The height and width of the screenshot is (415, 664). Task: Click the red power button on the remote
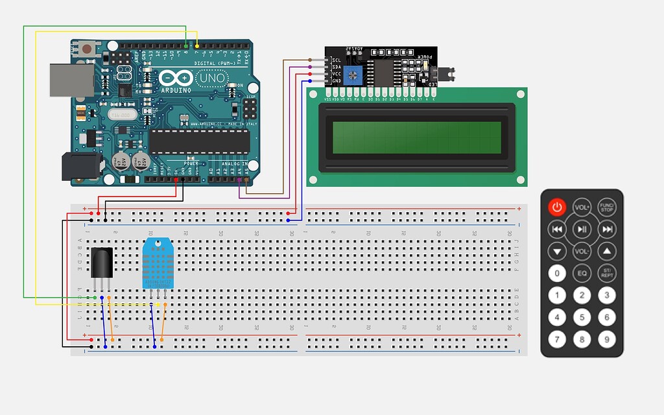point(557,207)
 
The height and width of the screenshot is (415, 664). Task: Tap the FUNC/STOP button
point(606,207)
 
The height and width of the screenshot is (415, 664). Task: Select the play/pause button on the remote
point(582,229)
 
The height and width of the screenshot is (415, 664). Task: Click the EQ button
point(582,274)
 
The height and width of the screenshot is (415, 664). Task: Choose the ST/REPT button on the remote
point(606,274)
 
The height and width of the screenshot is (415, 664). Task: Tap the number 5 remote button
point(582,317)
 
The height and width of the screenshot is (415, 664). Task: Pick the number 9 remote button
point(606,339)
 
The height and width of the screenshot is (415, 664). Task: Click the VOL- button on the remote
point(582,251)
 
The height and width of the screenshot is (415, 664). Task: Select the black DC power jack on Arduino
point(81,166)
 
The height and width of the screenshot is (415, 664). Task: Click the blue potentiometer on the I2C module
point(353,75)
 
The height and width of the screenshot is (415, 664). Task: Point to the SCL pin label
point(337,60)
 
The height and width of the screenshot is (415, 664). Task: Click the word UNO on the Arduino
point(211,78)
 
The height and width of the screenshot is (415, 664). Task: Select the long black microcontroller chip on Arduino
point(199,141)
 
